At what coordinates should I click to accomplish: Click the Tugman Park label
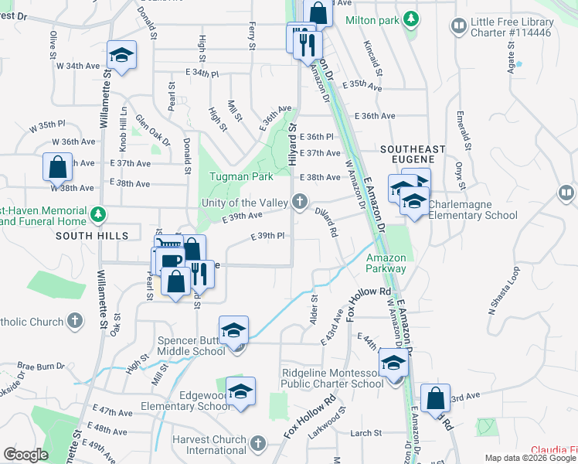point(241,176)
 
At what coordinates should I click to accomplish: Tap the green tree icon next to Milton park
point(413,19)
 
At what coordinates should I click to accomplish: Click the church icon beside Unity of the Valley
point(300,203)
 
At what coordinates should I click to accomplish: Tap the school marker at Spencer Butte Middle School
point(233,331)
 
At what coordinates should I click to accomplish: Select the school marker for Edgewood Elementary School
point(241,391)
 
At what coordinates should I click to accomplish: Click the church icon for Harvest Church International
point(258,443)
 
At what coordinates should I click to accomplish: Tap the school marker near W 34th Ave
point(121,55)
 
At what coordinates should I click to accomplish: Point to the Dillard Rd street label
point(327,221)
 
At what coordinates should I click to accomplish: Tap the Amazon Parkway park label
point(386,263)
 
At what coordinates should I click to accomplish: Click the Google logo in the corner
point(25,455)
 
